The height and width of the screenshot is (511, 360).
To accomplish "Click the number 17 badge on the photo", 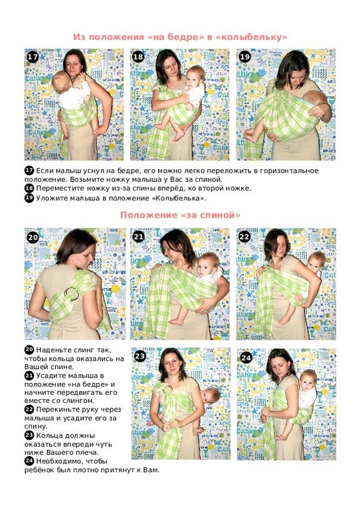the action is tap(33, 57).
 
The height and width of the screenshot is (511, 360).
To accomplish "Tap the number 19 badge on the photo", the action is tap(244, 57).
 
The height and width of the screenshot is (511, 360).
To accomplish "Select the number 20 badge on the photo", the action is tap(33, 238).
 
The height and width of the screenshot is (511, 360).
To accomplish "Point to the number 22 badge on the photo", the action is tap(244, 237).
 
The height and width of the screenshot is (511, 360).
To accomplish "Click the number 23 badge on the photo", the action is tap(139, 356).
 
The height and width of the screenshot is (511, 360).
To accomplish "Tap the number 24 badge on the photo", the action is tap(246, 358).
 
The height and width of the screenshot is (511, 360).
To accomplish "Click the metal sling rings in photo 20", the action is tap(72, 294).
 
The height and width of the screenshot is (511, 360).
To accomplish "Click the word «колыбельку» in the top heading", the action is tap(252, 36).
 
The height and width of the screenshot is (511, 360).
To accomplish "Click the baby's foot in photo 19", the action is tap(250, 134).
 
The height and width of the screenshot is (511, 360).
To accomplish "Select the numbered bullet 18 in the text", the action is tap(29, 188).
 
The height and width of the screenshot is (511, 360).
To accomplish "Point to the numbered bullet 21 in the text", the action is tap(29, 376).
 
